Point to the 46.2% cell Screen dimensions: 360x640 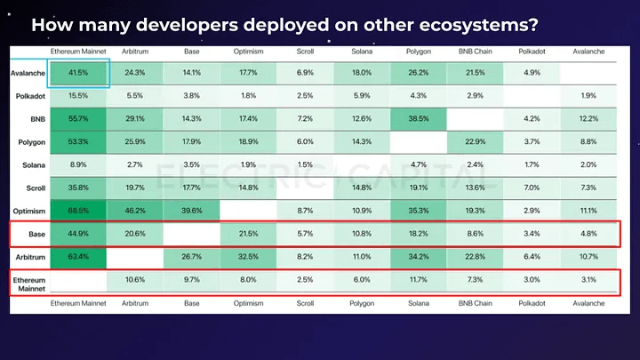tap(135, 211)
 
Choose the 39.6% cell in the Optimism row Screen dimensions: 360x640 tap(191, 211)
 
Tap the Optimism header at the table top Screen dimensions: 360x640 tap(248, 52)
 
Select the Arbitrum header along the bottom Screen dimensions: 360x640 tap(135, 303)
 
